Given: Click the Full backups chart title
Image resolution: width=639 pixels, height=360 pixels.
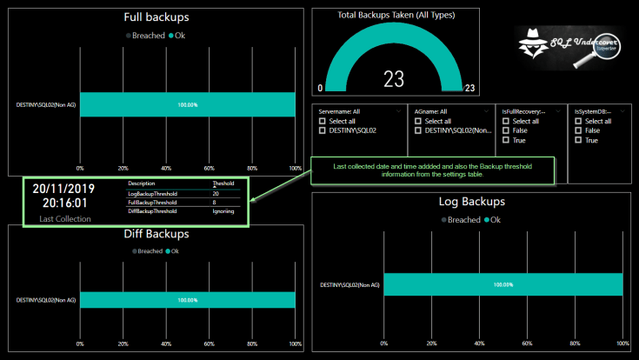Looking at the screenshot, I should (x=156, y=17).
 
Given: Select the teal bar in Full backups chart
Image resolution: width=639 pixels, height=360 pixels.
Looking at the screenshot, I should (x=188, y=104).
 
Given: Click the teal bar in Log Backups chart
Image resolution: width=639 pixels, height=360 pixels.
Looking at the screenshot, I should (x=503, y=284).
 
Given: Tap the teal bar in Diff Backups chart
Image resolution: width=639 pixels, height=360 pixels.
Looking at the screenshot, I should (x=188, y=300).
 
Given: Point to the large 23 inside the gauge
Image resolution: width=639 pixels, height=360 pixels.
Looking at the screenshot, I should (x=394, y=79).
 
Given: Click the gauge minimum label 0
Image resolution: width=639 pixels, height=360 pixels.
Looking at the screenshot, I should (x=320, y=89).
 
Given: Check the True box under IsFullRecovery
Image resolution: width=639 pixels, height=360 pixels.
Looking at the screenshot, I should (x=507, y=140).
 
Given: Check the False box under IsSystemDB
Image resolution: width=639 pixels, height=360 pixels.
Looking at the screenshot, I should (x=578, y=130).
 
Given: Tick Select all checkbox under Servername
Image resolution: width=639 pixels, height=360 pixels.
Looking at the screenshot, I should (x=323, y=121).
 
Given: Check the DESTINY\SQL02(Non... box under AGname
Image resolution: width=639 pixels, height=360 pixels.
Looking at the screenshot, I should (x=418, y=130).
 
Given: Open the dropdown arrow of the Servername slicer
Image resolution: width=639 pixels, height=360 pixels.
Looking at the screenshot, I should (x=399, y=111).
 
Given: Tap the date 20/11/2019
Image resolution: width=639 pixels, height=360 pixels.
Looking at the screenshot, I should (x=63, y=188).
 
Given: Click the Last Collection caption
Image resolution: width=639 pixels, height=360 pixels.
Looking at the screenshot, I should (x=64, y=219).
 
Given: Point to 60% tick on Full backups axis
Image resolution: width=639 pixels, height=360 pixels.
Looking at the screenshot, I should (x=210, y=168).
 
